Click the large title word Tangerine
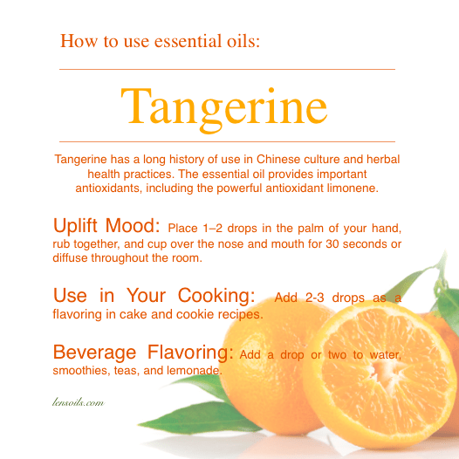point(224,109)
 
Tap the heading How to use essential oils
point(160,41)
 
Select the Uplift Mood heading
point(106,226)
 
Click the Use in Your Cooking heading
point(154,295)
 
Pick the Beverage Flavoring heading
point(143,353)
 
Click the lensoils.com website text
point(79,402)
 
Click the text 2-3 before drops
point(315,298)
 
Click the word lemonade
point(195,371)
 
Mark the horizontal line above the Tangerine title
point(227,70)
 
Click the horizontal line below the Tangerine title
point(227,141)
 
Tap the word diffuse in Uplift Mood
point(70,258)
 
